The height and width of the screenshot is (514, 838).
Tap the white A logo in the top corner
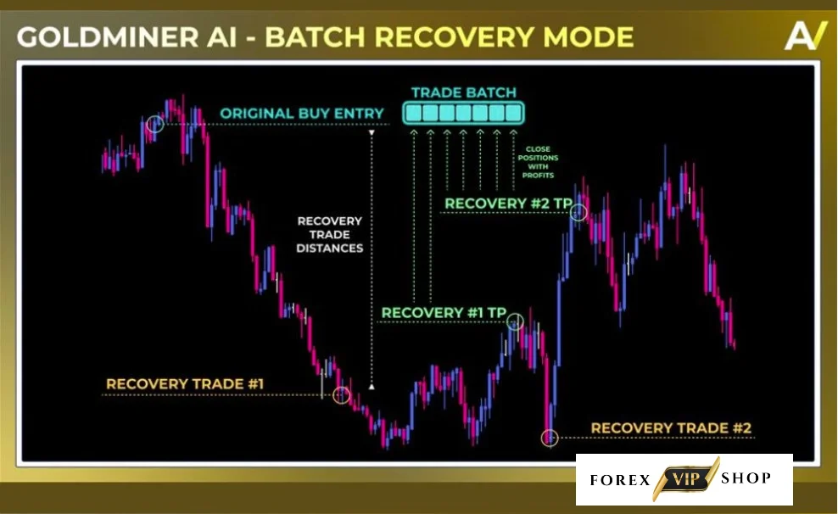(805, 36)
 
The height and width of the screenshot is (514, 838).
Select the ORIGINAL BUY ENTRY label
(302, 114)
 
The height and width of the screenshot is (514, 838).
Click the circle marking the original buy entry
(155, 124)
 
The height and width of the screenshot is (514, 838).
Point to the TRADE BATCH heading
(464, 92)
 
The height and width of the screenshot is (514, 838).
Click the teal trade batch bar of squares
(463, 114)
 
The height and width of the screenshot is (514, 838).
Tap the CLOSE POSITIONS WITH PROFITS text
(538, 162)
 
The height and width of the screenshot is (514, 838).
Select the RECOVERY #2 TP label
(508, 204)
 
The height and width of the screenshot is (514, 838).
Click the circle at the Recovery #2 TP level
(578, 213)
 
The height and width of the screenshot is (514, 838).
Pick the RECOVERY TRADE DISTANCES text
(330, 235)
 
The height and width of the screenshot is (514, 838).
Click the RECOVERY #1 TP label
(444, 313)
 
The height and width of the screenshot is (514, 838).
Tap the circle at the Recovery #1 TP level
(515, 321)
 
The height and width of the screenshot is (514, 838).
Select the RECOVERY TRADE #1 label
(185, 383)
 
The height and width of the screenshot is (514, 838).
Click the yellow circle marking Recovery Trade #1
(342, 395)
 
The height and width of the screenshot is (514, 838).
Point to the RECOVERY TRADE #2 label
(671, 428)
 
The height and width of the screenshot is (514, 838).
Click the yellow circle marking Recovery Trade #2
(550, 439)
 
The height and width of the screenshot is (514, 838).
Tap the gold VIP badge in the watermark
(685, 478)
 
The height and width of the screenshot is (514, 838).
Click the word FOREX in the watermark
(620, 480)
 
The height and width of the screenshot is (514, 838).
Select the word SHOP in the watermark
(746, 478)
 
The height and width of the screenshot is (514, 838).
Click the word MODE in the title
(588, 37)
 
